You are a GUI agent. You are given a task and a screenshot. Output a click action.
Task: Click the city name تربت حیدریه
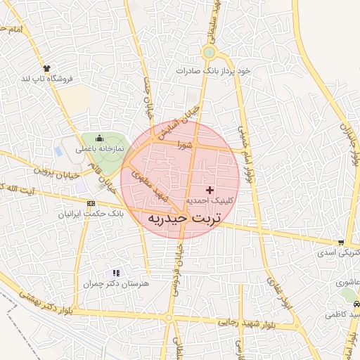click(184, 219)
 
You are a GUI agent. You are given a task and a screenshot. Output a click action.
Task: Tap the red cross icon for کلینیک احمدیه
click(209, 191)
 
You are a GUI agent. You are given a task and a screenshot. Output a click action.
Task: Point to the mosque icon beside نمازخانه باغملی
click(99, 138)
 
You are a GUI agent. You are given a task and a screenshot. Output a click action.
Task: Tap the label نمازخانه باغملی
click(99, 149)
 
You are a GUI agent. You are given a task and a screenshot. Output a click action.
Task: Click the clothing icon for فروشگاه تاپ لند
click(47, 68)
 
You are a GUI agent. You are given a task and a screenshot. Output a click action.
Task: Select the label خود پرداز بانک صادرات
click(213, 71)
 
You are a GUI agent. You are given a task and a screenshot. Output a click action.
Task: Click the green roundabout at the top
click(209, 52)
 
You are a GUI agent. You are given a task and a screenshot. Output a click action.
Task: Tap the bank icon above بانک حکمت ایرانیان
click(90, 203)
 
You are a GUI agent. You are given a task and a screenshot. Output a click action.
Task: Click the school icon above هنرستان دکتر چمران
click(117, 273)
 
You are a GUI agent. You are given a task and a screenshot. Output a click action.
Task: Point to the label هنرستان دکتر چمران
click(117, 283)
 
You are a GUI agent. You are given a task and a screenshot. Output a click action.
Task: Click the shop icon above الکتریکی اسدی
click(341, 243)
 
